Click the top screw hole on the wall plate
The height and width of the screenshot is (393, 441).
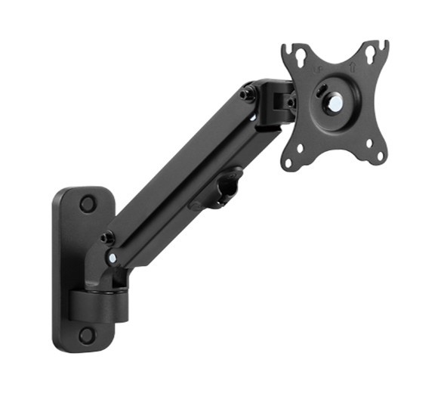(x=88, y=203)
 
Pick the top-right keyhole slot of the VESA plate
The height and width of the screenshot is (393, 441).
(x=371, y=56)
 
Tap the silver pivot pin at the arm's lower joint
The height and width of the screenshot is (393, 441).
(x=113, y=258)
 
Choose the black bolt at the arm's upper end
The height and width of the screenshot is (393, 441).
(x=248, y=94)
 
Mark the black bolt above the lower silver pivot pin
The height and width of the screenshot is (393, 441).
(x=108, y=237)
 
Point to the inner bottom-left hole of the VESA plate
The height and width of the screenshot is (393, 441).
(x=300, y=147)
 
